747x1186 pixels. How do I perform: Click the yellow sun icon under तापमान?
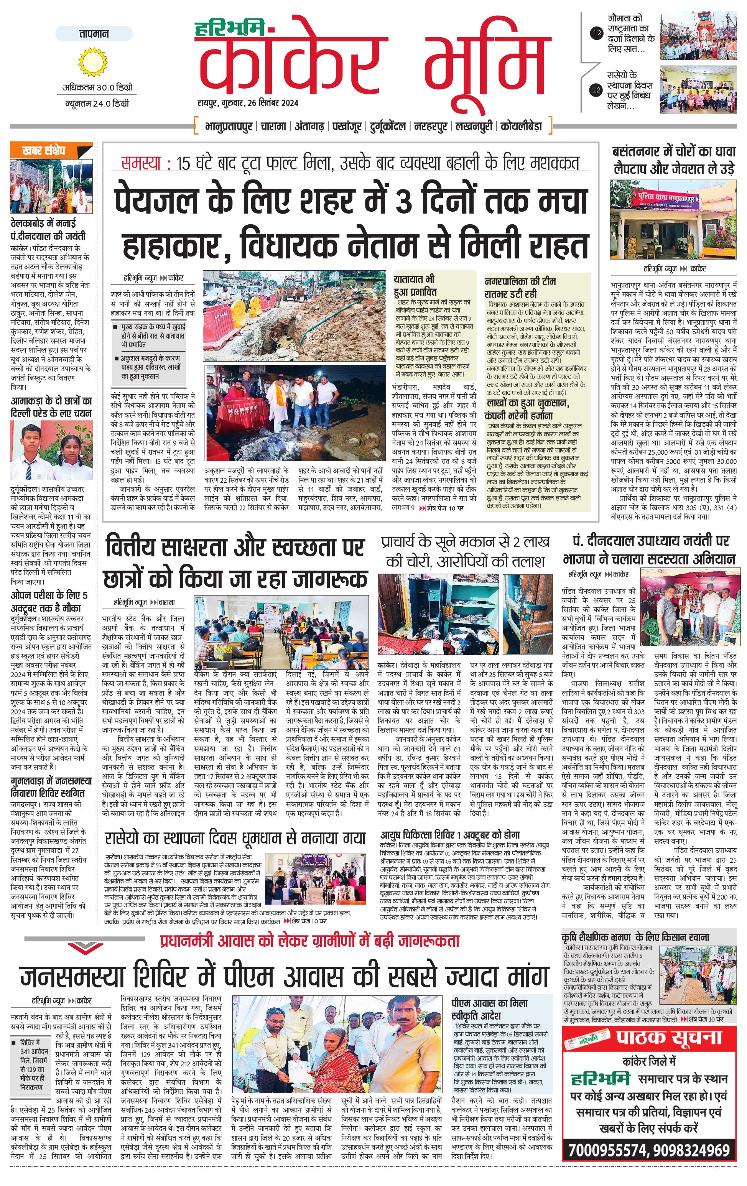point(92,62)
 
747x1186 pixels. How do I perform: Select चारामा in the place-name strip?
point(273,127)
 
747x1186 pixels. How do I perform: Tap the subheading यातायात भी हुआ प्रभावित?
point(415,286)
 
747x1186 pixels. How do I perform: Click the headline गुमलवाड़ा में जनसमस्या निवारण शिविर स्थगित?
point(51,787)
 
